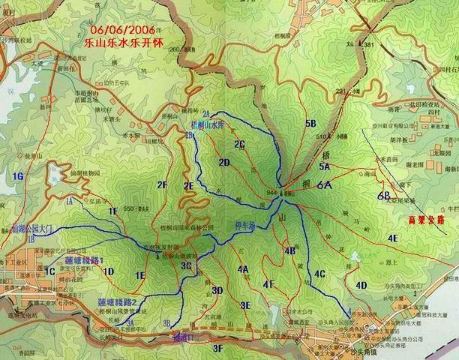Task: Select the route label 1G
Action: pyautogui.click(x=19, y=175)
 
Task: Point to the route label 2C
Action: pyautogui.click(x=239, y=143)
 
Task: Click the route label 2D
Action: pyautogui.click(x=223, y=162)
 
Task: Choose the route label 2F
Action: pyautogui.click(x=161, y=184)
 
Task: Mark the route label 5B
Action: pyautogui.click(x=310, y=122)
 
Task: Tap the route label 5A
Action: pyautogui.click(x=324, y=166)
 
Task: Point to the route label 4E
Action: pyautogui.click(x=392, y=238)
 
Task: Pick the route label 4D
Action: pyautogui.click(x=361, y=285)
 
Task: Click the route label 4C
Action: pyautogui.click(x=319, y=274)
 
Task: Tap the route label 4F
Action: pyautogui.click(x=268, y=283)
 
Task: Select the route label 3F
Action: pyautogui.click(x=217, y=349)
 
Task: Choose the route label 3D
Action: pyautogui.click(x=217, y=290)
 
